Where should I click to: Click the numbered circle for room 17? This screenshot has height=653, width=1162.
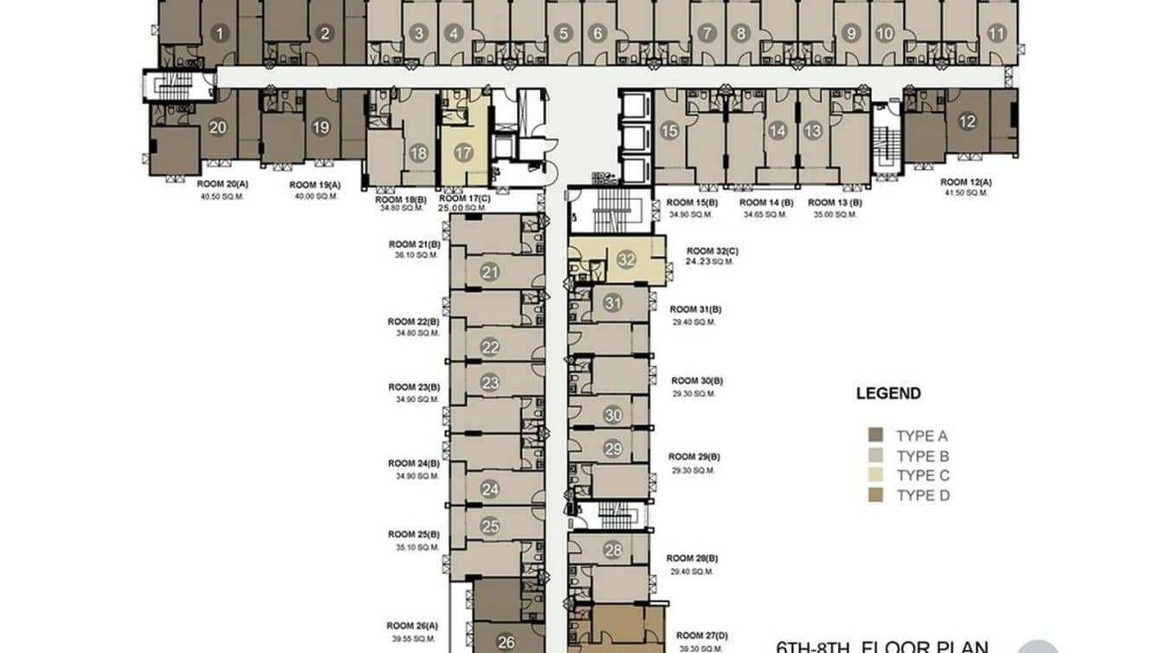point(463,153)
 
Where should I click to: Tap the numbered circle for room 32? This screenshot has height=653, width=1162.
point(626,259)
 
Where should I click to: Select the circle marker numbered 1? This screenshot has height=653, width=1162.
point(220,35)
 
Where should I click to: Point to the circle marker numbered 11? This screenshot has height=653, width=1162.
point(997,35)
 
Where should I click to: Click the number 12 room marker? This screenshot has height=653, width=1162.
point(967,122)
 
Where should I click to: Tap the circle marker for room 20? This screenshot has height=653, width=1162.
point(218,127)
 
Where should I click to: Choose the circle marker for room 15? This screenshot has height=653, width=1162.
point(668,131)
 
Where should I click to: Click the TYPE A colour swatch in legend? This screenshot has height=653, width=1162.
point(876,436)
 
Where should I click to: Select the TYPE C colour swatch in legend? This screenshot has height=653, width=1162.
point(876,475)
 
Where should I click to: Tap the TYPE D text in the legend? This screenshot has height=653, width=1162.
point(923,495)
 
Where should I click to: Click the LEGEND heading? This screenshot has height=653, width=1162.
point(888,393)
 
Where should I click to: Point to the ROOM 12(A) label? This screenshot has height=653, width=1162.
point(965,183)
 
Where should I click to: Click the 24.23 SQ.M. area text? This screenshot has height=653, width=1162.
point(708,261)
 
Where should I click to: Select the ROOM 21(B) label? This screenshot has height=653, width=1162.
point(414,244)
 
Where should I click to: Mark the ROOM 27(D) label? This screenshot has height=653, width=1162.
point(701,636)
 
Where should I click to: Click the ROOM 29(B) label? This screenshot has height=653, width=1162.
point(695,456)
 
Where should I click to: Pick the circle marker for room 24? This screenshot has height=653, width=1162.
point(490,489)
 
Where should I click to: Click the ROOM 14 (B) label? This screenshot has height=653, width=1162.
point(766,203)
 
